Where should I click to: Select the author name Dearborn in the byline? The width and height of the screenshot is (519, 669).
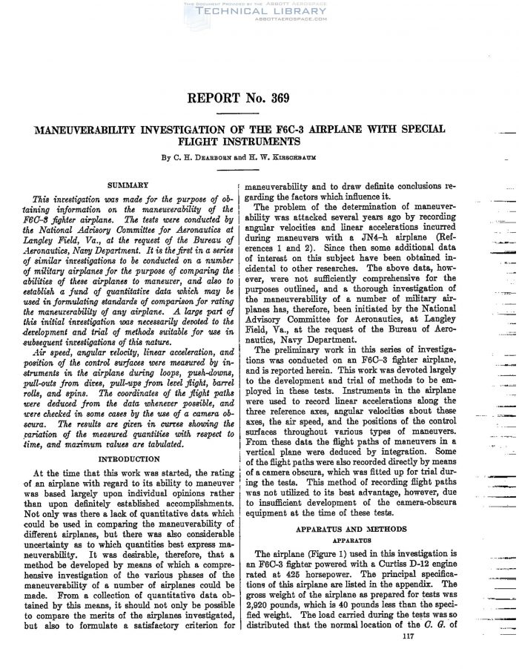(220, 156)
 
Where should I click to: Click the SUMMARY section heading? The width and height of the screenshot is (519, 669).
(128, 184)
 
